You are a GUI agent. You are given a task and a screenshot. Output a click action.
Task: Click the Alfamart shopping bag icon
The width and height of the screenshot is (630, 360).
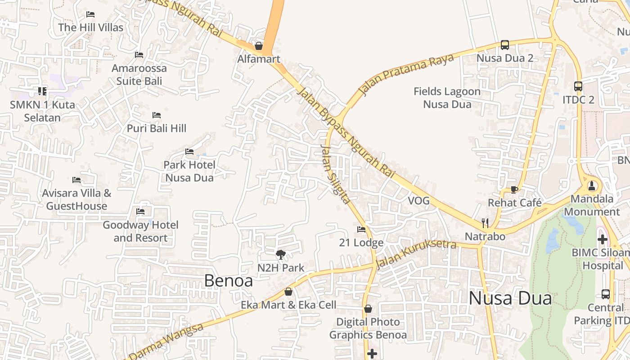coord(259,46)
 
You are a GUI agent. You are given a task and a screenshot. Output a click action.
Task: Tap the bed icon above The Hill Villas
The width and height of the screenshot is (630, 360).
coord(90,14)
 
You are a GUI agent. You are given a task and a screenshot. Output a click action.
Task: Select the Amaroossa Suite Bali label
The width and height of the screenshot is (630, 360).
coord(139,75)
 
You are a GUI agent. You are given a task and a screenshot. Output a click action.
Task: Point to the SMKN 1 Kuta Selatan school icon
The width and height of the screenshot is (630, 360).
coord(42,91)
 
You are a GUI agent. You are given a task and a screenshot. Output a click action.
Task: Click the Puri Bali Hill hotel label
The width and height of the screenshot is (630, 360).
coord(156,128)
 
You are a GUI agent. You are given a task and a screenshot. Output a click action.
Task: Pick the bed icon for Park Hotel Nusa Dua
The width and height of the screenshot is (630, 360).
coord(189,152)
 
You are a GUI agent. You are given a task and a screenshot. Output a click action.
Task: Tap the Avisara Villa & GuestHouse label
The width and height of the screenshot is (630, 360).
coord(76,199)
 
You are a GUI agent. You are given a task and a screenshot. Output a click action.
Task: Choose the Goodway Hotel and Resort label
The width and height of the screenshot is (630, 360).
coord(140,231)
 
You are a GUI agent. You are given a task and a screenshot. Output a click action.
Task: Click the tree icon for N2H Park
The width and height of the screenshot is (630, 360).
coord(281,255)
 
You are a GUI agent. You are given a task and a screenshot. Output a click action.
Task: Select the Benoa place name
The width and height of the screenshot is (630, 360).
coord(228,281)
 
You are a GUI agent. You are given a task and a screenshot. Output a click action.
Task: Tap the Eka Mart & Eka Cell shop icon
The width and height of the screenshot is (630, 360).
coord(288,292)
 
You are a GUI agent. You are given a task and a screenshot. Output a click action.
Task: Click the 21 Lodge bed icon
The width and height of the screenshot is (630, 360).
coord(361,229)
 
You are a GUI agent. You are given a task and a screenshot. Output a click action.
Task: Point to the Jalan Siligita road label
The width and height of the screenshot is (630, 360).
coord(335,173)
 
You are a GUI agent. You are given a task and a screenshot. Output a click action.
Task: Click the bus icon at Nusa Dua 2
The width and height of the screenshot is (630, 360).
coord(505,45)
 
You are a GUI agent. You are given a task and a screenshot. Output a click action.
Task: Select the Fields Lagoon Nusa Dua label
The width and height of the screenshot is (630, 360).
coord(447,98)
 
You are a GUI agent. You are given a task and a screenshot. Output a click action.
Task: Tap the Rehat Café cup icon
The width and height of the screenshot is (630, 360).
coord(514,189)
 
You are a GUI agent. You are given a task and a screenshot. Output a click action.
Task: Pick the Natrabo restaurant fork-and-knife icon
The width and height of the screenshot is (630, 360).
coord(485,223)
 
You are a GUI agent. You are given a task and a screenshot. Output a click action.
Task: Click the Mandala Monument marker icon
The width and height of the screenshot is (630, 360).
coord(592,185)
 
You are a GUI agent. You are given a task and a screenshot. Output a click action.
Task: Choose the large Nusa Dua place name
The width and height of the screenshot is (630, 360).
coord(510,298)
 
